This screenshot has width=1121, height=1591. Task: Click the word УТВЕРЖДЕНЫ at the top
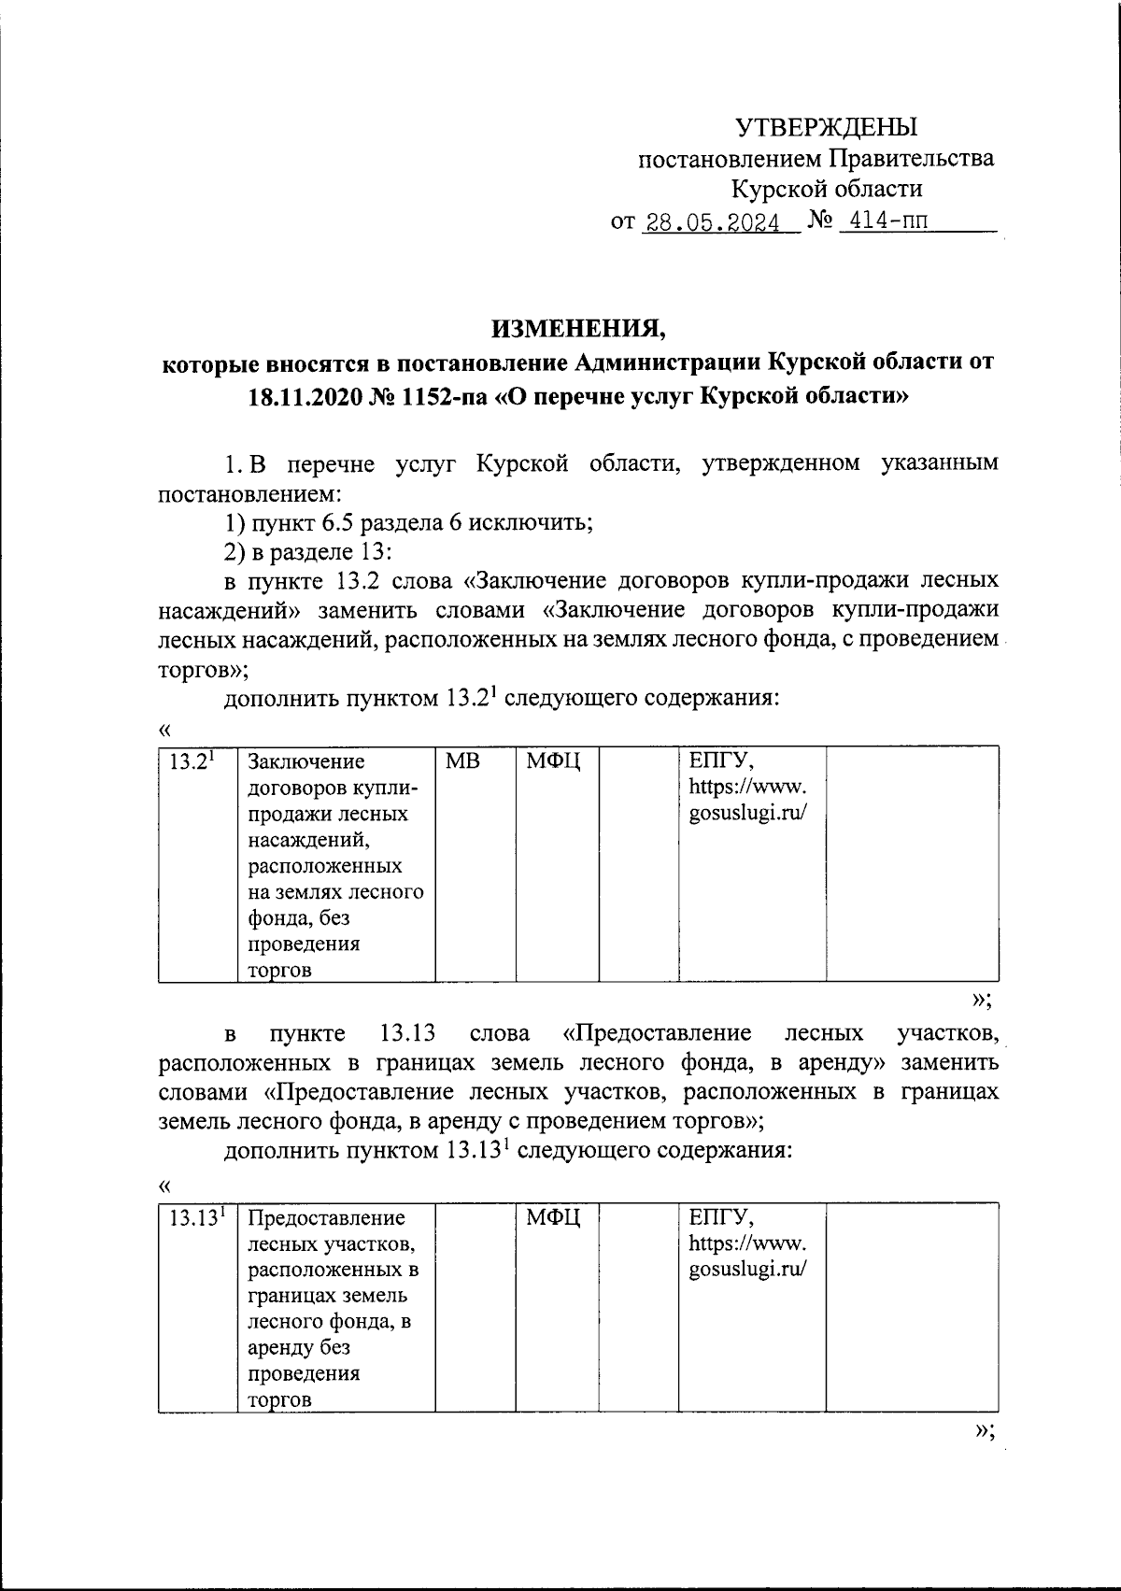(x=828, y=125)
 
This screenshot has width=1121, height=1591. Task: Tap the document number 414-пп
(x=884, y=222)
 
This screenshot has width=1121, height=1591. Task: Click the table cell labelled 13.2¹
(x=193, y=760)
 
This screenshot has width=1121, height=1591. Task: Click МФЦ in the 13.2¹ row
(x=553, y=761)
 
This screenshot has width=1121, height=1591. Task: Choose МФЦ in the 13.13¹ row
(x=553, y=1217)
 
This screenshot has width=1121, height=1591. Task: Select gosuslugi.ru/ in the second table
(x=747, y=1269)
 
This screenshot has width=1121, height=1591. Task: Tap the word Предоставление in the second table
(x=326, y=1217)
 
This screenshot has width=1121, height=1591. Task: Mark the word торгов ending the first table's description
(x=278, y=970)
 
